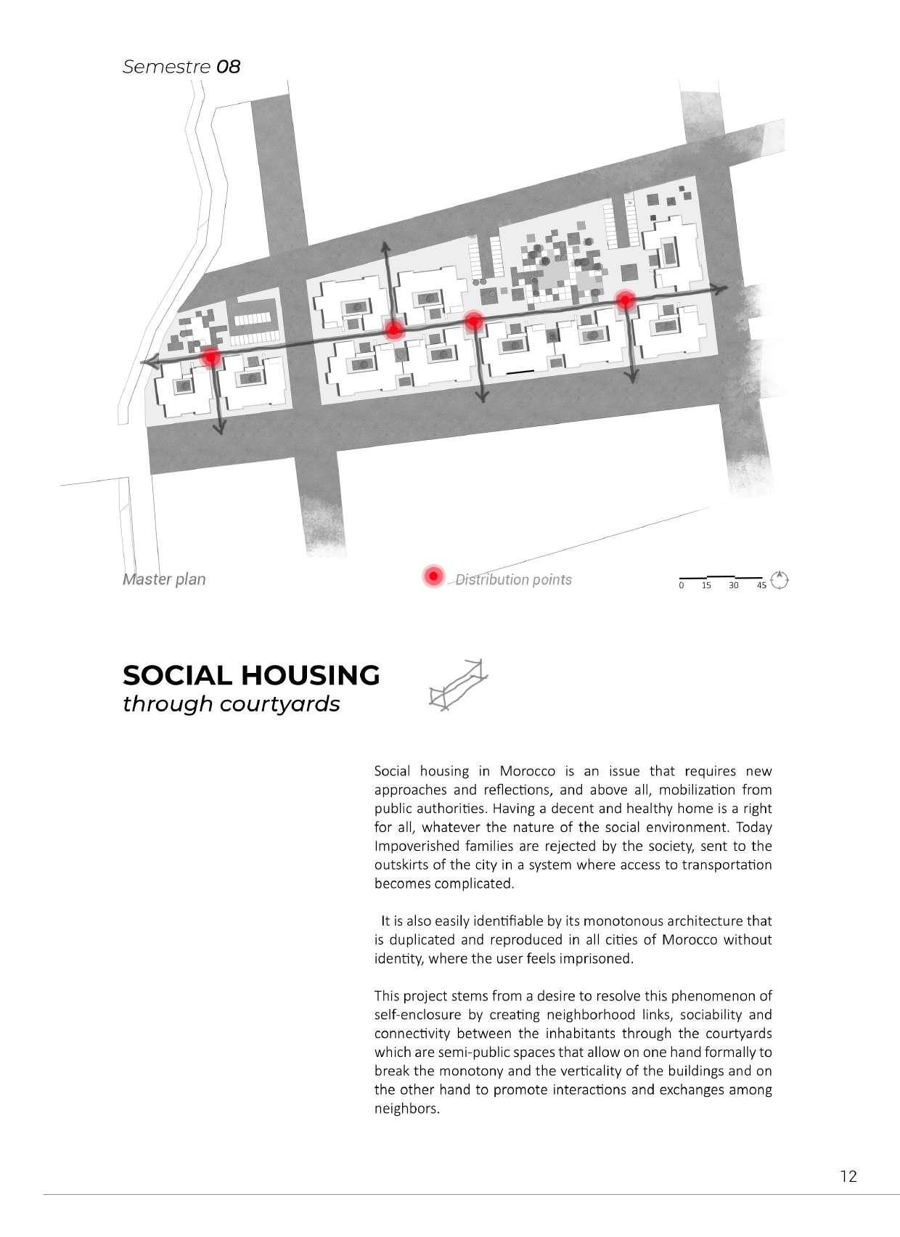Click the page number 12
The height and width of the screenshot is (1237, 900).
[x=848, y=1177]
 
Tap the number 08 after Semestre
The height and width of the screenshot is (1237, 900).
[x=228, y=67]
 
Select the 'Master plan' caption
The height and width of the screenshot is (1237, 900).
[x=164, y=579]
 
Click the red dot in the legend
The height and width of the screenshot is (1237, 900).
[x=433, y=576]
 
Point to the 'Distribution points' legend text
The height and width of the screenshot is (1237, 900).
[x=513, y=579]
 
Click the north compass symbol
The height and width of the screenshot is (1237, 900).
[x=780, y=580]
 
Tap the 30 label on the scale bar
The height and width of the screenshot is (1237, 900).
[x=733, y=585]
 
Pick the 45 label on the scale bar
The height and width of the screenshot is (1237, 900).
[x=761, y=585]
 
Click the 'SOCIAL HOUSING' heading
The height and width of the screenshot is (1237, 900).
[x=251, y=675]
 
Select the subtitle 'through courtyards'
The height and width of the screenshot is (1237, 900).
[x=231, y=704]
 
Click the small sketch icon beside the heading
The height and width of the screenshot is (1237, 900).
[x=458, y=684]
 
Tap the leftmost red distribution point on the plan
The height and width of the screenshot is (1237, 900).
[x=210, y=357]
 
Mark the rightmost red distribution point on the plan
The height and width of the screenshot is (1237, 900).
[x=626, y=300]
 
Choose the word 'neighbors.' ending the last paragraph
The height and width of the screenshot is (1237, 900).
[x=406, y=1109]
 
